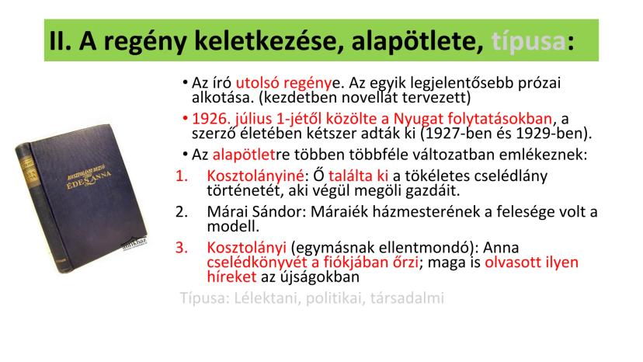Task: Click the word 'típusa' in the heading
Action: [528, 41]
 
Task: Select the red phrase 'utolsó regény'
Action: [283, 83]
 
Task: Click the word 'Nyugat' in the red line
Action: [418, 119]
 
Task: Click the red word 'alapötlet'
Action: [244, 155]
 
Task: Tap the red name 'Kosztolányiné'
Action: [255, 176]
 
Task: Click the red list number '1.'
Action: [182, 176]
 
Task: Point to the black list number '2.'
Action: [182, 212]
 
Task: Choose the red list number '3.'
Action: [182, 248]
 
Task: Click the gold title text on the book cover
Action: [89, 179]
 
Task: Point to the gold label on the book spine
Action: [28, 169]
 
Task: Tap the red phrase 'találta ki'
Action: [359, 176]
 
